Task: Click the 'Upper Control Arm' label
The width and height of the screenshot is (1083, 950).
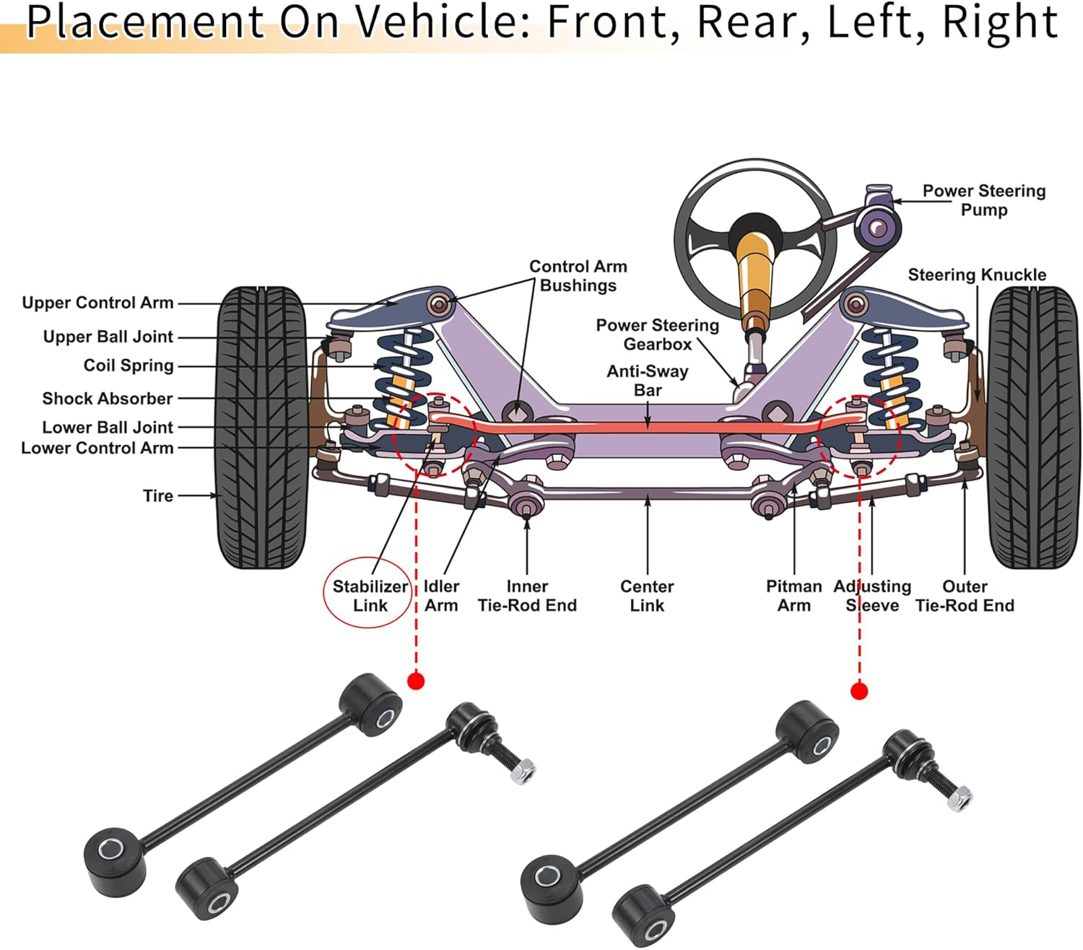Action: [97, 303]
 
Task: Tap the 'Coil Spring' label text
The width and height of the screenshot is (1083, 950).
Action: [129, 366]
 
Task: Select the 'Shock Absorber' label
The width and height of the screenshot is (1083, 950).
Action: [108, 399]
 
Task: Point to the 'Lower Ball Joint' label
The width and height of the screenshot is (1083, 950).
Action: [108, 428]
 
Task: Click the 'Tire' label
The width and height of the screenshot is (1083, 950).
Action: [158, 496]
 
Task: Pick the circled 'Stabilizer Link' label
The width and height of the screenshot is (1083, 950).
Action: [370, 596]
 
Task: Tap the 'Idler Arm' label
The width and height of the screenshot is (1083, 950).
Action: [442, 596]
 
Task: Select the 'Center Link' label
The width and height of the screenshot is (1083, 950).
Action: [647, 596]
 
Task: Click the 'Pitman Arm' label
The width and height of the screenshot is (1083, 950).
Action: [793, 596]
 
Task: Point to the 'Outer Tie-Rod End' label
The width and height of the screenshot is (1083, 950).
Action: [965, 596]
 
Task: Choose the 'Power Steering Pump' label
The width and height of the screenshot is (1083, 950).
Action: [984, 200]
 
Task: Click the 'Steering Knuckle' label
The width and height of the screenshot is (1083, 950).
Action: [977, 275]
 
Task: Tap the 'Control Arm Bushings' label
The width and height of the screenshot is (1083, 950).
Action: [578, 276]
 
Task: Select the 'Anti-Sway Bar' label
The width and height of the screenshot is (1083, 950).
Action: [648, 380]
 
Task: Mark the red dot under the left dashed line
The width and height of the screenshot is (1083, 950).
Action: [416, 681]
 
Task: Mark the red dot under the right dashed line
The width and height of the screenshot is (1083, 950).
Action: [859, 691]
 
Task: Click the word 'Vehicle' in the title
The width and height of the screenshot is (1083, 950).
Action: [442, 22]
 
